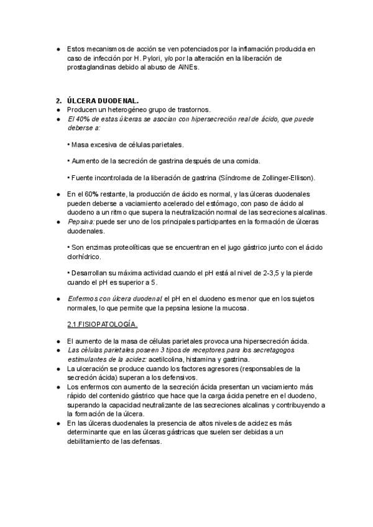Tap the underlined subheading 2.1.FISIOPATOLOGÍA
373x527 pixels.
[102, 324]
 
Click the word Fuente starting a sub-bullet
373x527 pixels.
[84, 178]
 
